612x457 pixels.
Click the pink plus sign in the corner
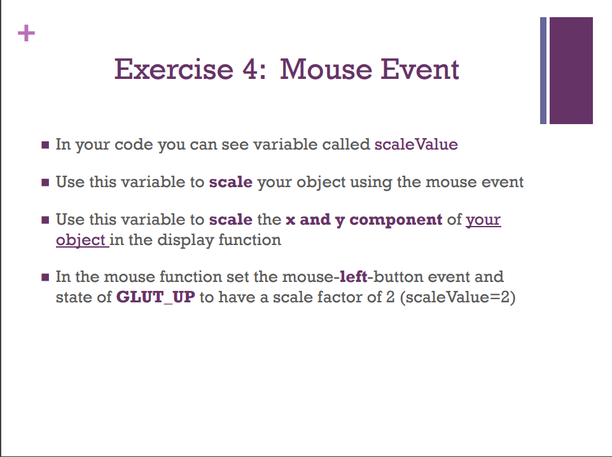[x=26, y=33]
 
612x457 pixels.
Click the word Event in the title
[x=419, y=69]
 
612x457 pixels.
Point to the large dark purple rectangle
[x=571, y=70]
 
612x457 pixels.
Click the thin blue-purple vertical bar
[x=543, y=70]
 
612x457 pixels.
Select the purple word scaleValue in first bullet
[x=416, y=144]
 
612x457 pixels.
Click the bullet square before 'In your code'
[x=45, y=145]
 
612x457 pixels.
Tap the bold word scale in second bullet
[x=231, y=182]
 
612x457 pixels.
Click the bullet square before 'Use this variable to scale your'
[x=45, y=183]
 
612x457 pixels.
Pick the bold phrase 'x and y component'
[x=364, y=220]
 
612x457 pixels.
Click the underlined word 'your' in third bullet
[x=483, y=220]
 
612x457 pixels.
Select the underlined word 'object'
[x=81, y=240]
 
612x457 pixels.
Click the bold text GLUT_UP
[x=156, y=297]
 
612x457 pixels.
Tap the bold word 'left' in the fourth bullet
[x=354, y=277]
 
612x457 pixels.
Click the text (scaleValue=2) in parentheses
[x=458, y=297]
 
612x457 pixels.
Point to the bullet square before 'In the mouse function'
[x=45, y=278]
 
